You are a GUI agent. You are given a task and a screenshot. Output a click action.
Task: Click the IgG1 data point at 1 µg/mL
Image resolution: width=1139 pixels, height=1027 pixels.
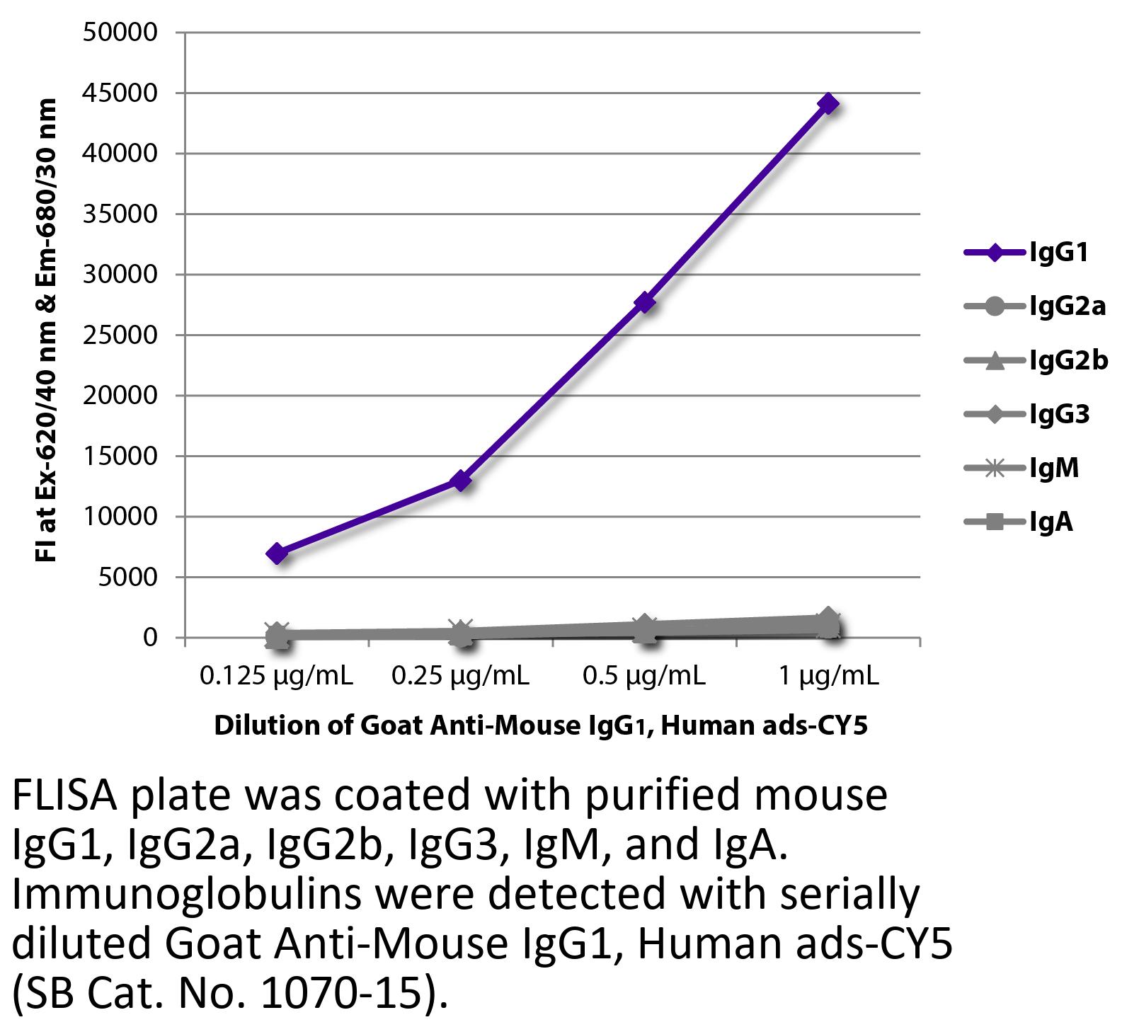pos(828,104)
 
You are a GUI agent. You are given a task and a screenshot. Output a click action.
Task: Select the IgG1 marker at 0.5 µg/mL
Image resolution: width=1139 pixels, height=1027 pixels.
pos(644,302)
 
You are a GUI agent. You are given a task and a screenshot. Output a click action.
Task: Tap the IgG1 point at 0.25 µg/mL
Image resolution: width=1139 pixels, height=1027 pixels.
pos(461,481)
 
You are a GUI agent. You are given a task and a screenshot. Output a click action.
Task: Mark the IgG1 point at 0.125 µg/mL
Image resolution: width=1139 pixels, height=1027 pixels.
pos(277,553)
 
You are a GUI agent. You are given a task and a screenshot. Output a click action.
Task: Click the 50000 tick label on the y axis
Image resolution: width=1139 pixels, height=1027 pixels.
pos(120,33)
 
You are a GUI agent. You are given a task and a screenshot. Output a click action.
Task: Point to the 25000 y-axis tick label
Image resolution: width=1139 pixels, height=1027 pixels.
pos(120,335)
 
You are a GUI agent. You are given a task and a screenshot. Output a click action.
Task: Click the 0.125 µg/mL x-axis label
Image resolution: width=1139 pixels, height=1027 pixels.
pos(277,677)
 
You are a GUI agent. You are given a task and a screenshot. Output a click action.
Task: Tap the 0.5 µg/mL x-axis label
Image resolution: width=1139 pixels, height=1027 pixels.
pos(644,677)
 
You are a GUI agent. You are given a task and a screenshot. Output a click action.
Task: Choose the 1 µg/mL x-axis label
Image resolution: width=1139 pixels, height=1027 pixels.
pos(828,677)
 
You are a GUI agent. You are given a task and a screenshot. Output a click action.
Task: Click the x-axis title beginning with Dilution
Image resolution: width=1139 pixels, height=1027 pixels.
pos(541,725)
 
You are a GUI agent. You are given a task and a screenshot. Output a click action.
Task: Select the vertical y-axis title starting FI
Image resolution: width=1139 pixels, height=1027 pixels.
pos(47,331)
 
